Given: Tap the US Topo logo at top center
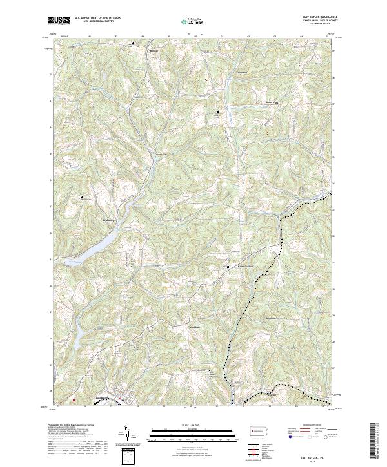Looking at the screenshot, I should point(193,21).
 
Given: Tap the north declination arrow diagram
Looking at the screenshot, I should point(129,435).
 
